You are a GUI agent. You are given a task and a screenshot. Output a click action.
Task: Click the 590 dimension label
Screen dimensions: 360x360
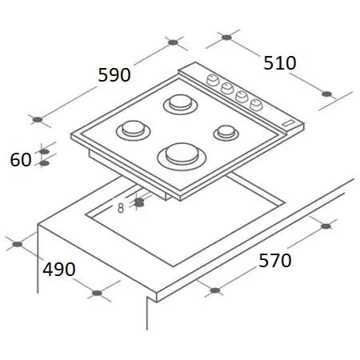tap(114, 75)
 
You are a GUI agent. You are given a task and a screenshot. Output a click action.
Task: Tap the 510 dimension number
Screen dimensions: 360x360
tap(280, 63)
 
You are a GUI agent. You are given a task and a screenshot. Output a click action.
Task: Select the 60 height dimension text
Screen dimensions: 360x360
tap(21, 160)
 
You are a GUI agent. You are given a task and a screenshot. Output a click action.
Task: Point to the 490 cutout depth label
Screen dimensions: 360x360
tap(59, 269)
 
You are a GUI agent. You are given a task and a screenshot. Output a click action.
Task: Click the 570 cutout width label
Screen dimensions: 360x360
tap(275, 261)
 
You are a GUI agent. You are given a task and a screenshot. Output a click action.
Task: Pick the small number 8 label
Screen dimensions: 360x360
tap(121, 208)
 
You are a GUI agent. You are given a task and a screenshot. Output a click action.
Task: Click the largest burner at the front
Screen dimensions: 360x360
tap(182, 157)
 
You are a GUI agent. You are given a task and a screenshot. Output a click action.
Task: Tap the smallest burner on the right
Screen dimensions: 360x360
tap(226, 133)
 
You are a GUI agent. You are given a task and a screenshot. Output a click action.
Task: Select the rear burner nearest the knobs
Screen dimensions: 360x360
tap(181, 104)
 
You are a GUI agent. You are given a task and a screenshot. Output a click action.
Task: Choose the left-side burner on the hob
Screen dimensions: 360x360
tap(134, 130)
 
